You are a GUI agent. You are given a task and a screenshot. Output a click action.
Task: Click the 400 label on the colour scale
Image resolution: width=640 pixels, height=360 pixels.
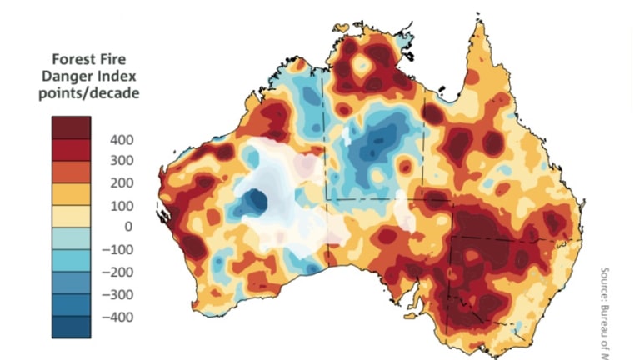point(122,138)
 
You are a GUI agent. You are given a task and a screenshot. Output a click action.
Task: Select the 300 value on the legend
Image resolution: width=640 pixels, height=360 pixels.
point(122,160)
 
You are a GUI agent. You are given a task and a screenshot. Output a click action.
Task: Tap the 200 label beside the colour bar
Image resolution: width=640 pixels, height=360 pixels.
point(122,182)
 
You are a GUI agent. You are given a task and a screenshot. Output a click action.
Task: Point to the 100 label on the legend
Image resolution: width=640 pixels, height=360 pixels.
point(122,204)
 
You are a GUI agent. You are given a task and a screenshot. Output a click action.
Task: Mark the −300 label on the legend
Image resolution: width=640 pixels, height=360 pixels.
point(118,293)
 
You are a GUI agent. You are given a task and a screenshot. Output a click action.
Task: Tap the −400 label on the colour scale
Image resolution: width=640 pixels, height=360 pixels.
point(118,316)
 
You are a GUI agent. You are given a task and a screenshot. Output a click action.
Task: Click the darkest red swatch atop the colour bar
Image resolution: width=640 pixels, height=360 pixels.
point(71,127)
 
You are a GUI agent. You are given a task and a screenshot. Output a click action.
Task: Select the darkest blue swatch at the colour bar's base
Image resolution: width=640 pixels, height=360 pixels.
point(71,327)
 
